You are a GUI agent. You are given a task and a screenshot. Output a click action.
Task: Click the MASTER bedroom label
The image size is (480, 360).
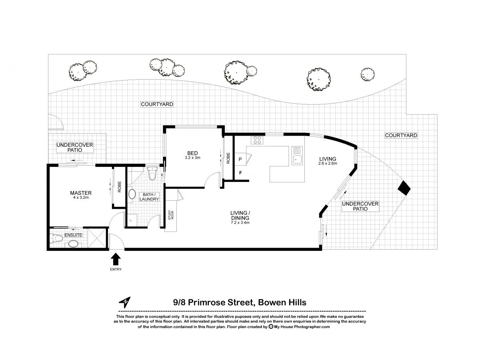(x=81, y=193)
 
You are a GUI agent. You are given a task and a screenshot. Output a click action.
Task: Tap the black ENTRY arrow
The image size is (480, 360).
(x=116, y=259)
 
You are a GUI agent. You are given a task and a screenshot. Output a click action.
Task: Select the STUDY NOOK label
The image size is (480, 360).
(x=171, y=215)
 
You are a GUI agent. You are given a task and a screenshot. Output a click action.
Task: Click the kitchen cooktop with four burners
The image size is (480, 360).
(x=257, y=140)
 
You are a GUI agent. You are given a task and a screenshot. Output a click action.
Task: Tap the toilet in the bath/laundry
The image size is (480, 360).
(x=152, y=173)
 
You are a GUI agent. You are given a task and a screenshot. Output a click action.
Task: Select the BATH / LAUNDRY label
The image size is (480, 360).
(x=149, y=197)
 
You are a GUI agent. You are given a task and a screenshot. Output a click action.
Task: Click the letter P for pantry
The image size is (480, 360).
(x=240, y=159)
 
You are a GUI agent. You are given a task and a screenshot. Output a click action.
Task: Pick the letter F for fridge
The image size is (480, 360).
(x=240, y=173)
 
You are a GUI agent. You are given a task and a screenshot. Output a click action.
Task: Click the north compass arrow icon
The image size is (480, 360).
(x=125, y=302)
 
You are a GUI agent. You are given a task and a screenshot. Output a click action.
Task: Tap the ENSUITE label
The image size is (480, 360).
(x=74, y=235)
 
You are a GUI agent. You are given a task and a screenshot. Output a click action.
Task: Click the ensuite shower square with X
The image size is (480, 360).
(x=97, y=238)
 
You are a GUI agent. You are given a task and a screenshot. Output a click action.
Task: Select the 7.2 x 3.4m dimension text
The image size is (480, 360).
(x=240, y=223)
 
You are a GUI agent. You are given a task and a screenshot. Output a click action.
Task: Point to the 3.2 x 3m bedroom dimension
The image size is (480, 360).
(x=192, y=158)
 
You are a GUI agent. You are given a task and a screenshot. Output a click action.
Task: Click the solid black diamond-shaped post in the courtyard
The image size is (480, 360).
(x=404, y=188)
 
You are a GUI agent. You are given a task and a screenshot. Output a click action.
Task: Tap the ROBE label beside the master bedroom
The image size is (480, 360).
(x=119, y=187)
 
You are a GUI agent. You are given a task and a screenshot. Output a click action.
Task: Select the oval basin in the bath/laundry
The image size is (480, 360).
(x=132, y=194)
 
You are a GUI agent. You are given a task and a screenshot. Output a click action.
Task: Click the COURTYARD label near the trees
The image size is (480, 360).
(x=157, y=104)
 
